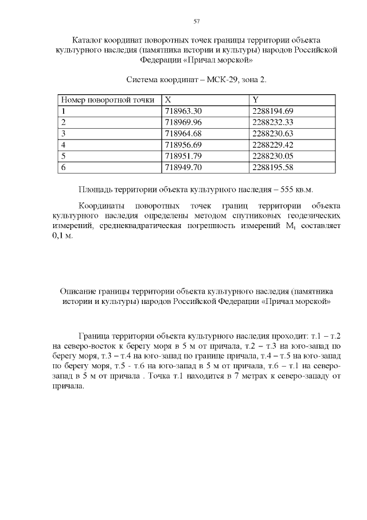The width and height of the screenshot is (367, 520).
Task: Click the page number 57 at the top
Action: point(197,21)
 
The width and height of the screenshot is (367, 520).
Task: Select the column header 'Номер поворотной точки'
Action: point(108,100)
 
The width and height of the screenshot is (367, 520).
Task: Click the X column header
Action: point(168,100)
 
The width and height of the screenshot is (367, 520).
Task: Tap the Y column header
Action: point(256,100)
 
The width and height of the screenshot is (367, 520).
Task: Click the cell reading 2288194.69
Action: point(272,111)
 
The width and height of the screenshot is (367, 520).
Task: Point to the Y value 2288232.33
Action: point(272,122)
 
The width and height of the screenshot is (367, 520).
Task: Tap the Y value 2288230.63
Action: point(272,133)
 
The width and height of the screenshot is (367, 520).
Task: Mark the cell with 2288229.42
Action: point(272,144)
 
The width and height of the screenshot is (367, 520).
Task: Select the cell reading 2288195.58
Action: point(272,167)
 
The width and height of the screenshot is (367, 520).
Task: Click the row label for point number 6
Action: point(64,167)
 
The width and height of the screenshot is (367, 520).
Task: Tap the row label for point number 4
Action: point(64,144)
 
